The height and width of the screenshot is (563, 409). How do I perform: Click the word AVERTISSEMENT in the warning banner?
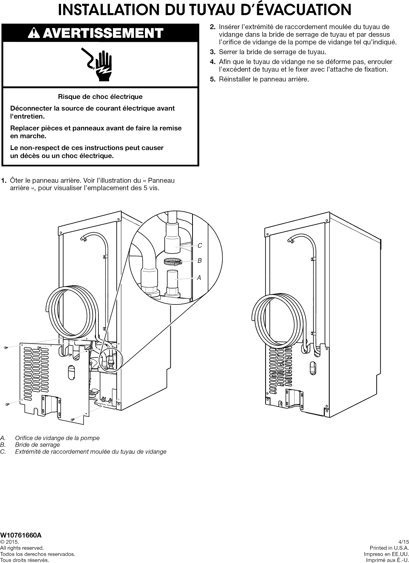tap(109, 33)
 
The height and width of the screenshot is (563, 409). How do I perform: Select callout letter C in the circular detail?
tap(199, 246)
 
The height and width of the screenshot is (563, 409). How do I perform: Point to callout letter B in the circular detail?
tap(199, 261)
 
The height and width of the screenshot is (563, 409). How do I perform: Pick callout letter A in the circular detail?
tap(199, 278)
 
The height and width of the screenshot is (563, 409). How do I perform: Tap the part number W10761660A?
tap(21, 535)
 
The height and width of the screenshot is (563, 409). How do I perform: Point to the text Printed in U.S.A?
tap(389, 548)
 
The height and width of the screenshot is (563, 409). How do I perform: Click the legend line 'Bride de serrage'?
tap(37, 445)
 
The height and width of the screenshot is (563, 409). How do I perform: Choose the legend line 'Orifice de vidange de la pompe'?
tap(57, 438)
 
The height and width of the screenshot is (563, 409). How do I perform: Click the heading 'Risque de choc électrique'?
tap(100, 97)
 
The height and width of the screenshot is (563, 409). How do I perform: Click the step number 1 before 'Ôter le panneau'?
tap(4, 181)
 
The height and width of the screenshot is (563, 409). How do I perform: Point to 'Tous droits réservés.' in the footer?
tap(24, 560)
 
